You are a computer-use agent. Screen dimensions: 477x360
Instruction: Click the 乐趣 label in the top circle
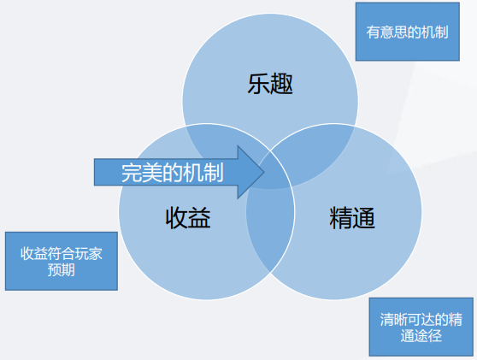(x=270, y=84)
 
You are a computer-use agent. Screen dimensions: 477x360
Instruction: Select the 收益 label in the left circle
(x=188, y=217)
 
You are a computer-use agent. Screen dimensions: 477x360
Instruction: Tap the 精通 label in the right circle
(x=352, y=217)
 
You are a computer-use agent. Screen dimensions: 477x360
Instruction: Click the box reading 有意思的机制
(x=408, y=32)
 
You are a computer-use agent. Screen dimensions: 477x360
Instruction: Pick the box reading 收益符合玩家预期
(x=62, y=261)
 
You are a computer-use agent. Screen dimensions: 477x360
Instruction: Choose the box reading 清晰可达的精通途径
(x=421, y=327)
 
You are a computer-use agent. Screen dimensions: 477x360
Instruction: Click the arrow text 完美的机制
(x=173, y=173)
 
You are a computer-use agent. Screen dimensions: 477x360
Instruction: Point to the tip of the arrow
(x=264, y=172)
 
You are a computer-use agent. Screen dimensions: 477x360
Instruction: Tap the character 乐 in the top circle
(x=258, y=84)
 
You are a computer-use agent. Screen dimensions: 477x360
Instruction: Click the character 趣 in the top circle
(x=282, y=84)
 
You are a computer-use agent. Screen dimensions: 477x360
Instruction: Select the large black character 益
(x=199, y=217)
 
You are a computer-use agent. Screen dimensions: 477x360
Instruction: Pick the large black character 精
(x=340, y=217)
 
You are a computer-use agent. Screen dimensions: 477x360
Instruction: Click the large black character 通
(x=363, y=217)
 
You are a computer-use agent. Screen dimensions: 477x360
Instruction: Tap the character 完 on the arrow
(x=132, y=173)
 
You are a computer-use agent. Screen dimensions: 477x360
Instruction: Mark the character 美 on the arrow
(x=152, y=173)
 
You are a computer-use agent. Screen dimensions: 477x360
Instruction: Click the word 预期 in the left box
(x=62, y=269)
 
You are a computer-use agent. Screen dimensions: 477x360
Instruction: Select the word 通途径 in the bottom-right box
(x=421, y=336)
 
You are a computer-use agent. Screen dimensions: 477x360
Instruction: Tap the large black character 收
(x=176, y=217)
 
